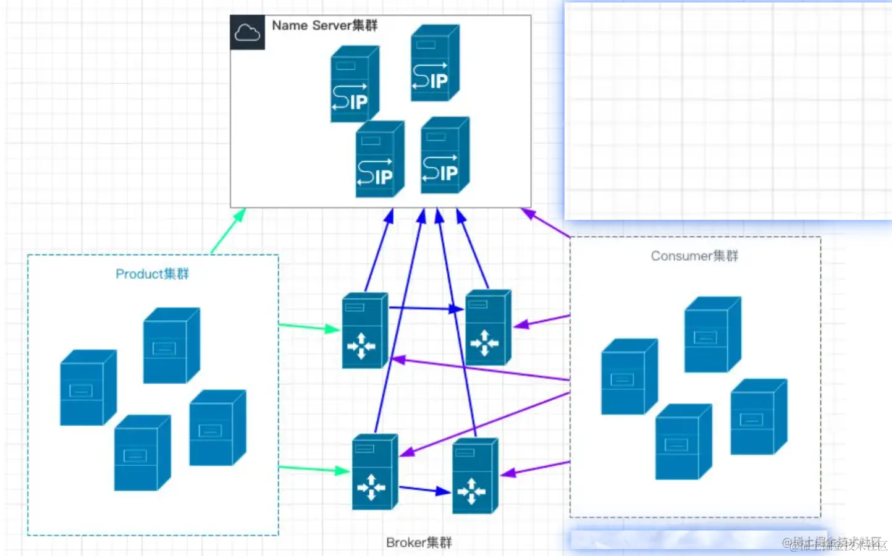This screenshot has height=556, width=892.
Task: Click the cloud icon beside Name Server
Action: point(247,32)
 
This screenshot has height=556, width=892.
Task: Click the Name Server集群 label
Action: point(324,25)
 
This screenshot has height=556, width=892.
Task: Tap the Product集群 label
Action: point(152,274)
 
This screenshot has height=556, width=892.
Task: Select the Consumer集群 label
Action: point(694,256)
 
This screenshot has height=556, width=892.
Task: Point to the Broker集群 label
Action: point(419,542)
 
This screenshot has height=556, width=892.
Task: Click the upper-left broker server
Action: point(364,331)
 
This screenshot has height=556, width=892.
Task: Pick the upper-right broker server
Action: point(488,327)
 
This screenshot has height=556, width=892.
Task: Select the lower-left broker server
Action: point(374,472)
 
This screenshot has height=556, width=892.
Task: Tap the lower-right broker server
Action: point(474,476)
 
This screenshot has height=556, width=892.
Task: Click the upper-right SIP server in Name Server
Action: point(435,63)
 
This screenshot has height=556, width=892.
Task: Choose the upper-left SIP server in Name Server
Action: point(355,84)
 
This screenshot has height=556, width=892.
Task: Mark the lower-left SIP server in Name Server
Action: point(379,159)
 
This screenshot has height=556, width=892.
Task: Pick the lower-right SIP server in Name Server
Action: point(445,155)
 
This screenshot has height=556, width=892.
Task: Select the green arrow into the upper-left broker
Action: point(309,327)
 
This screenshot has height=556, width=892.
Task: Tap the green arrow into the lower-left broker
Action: point(314,470)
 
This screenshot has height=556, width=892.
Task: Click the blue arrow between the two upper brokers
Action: point(426,308)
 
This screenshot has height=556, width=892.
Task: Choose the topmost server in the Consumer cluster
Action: point(712,334)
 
